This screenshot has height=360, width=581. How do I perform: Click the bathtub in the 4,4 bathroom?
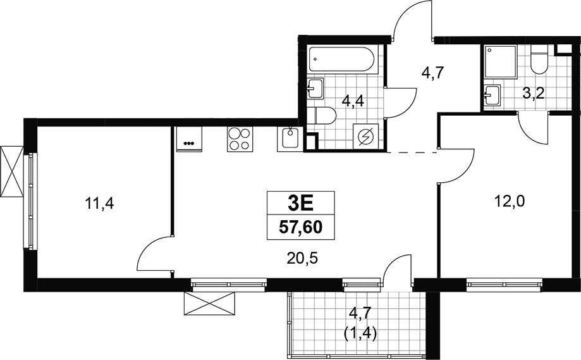343,59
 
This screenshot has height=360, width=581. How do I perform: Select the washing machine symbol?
365,137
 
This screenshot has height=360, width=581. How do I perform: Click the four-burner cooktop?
240,139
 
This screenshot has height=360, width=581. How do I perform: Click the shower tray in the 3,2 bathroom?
500,62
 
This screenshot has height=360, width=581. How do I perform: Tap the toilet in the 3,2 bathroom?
539,59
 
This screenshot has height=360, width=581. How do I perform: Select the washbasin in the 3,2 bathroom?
492,94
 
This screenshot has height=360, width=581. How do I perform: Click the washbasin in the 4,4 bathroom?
315,88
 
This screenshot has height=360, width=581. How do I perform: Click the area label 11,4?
99,204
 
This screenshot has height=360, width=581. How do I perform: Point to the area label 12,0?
510,202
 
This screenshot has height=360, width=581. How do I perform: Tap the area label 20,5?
303,258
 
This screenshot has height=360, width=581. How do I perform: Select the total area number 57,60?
300,227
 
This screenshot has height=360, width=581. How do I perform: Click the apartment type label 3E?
300,202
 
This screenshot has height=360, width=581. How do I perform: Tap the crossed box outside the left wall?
12,171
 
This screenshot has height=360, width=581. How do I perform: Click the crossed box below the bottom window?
210,303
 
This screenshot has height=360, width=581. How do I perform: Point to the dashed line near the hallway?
412,152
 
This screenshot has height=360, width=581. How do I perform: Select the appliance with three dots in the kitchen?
189,139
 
